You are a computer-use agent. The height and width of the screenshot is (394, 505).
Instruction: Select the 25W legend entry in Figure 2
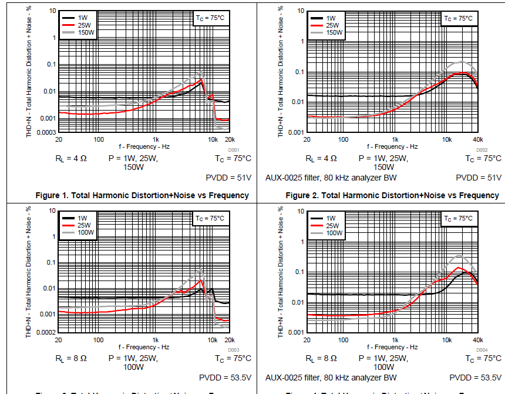332,25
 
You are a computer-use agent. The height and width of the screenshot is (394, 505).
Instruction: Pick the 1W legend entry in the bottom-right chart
331,218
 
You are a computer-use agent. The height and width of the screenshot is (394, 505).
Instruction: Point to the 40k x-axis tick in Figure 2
477,139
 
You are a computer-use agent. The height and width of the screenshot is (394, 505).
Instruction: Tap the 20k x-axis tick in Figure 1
229,139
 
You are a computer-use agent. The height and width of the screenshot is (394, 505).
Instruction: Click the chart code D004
482,350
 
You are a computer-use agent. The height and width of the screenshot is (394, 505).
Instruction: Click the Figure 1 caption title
142,195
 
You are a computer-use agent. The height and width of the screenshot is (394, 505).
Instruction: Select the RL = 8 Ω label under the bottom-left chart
71,358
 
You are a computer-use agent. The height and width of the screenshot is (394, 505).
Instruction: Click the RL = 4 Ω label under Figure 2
321,158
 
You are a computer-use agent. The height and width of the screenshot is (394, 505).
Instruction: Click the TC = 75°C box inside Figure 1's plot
210,18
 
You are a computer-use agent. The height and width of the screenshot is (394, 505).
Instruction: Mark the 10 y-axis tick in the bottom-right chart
299,211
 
